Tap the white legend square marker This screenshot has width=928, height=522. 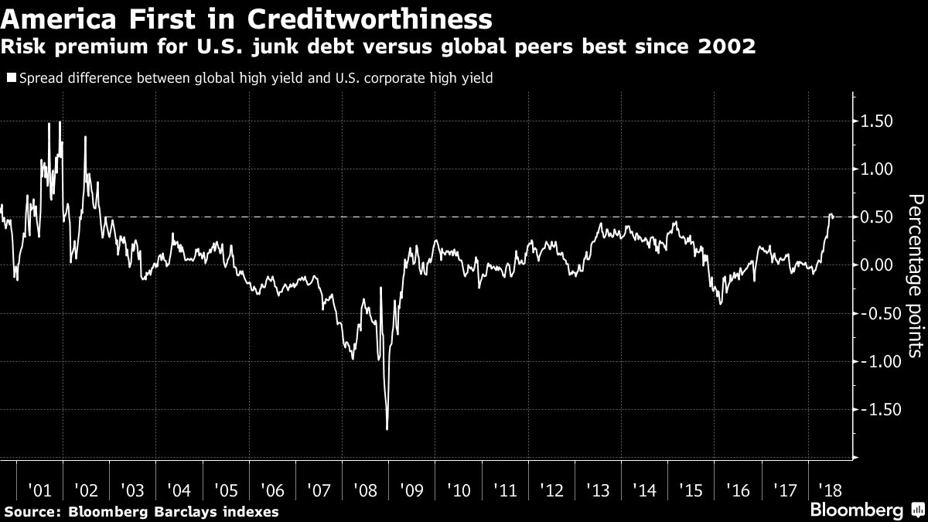[x=9, y=78]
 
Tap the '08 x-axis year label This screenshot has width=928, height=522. [x=366, y=490]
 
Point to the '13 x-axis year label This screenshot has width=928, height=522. [x=599, y=490]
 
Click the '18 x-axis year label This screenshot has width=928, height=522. [x=831, y=490]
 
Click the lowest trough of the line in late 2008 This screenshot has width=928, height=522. [x=387, y=428]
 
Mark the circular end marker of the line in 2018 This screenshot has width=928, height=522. [x=832, y=216]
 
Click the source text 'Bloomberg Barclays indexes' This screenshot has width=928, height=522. [x=173, y=512]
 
